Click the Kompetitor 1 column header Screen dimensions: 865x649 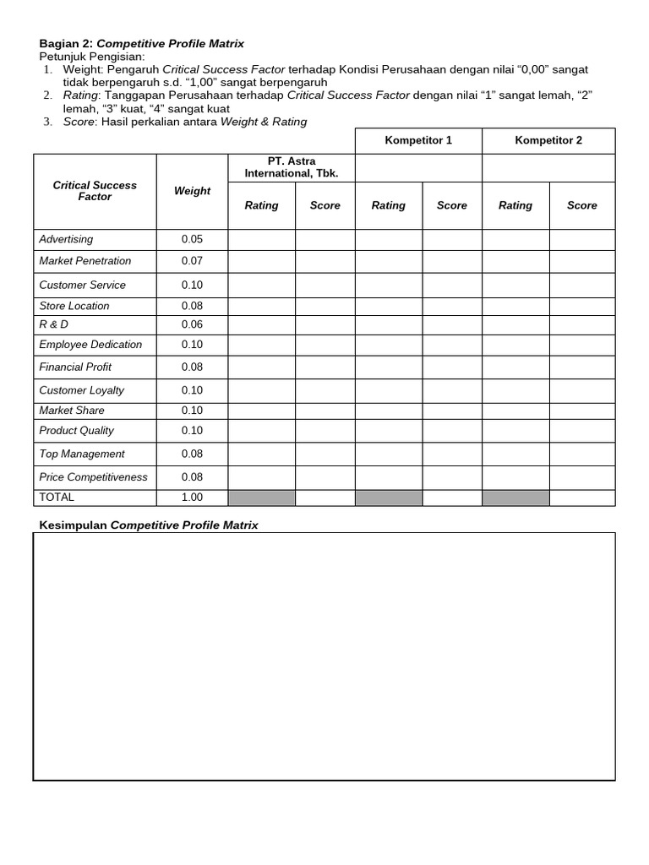(x=417, y=140)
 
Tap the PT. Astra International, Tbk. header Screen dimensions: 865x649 (x=291, y=167)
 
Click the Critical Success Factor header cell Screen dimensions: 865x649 (x=95, y=191)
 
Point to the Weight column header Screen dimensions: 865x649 (x=192, y=191)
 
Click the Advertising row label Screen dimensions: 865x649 (x=67, y=239)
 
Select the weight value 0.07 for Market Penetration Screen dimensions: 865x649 (x=192, y=261)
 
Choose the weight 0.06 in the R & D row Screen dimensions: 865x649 (x=192, y=324)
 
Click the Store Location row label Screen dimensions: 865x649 (x=74, y=306)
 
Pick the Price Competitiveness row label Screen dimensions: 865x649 (x=93, y=477)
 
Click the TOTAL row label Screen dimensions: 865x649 (x=57, y=498)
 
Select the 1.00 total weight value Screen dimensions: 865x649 (x=192, y=498)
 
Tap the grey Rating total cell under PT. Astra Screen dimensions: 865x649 (x=261, y=498)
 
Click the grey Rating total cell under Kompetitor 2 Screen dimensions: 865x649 (x=515, y=498)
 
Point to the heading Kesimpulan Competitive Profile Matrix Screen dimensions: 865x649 (x=149, y=525)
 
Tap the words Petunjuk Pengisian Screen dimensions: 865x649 (x=92, y=56)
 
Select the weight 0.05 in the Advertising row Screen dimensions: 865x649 (x=192, y=239)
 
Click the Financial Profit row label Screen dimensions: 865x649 (x=75, y=367)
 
